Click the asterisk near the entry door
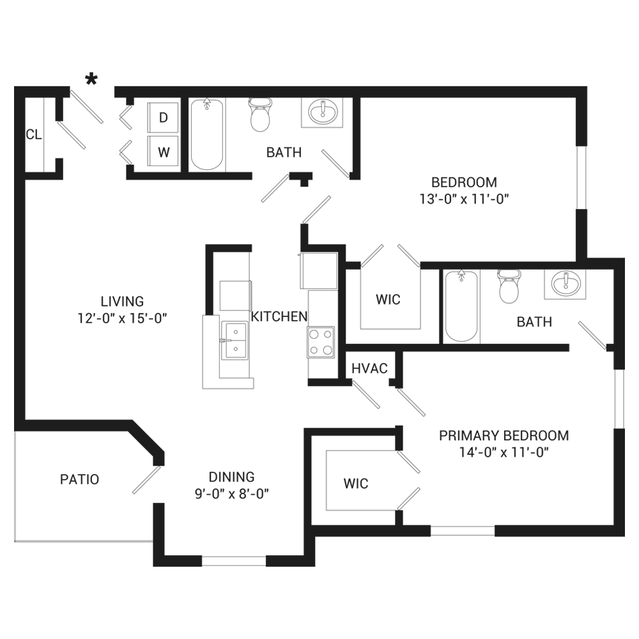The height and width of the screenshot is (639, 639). pyautogui.click(x=92, y=79)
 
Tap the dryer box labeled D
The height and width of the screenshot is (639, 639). pyautogui.click(x=163, y=118)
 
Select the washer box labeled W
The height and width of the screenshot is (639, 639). pyautogui.click(x=164, y=152)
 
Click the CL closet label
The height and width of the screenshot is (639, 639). pyautogui.click(x=33, y=134)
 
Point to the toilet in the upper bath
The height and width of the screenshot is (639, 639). pyautogui.click(x=259, y=114)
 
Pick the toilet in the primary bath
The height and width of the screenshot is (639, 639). pyautogui.click(x=509, y=286)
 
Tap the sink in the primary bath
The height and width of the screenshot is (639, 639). pyautogui.click(x=565, y=282)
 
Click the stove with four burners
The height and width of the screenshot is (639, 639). pyautogui.click(x=321, y=341)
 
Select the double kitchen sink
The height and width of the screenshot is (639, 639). pyautogui.click(x=235, y=341)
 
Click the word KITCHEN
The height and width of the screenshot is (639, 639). pyautogui.click(x=279, y=316)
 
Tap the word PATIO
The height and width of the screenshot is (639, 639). pyautogui.click(x=79, y=479)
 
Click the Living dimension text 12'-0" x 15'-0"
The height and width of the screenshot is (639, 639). pyautogui.click(x=122, y=317)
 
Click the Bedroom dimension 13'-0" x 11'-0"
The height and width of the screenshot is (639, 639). pyautogui.click(x=463, y=199)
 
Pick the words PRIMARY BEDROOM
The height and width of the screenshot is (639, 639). pyautogui.click(x=504, y=436)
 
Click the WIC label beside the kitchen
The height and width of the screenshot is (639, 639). pyautogui.click(x=388, y=299)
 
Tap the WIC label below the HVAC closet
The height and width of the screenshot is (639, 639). pyautogui.click(x=356, y=483)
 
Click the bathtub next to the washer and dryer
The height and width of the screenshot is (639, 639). pyautogui.click(x=207, y=135)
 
